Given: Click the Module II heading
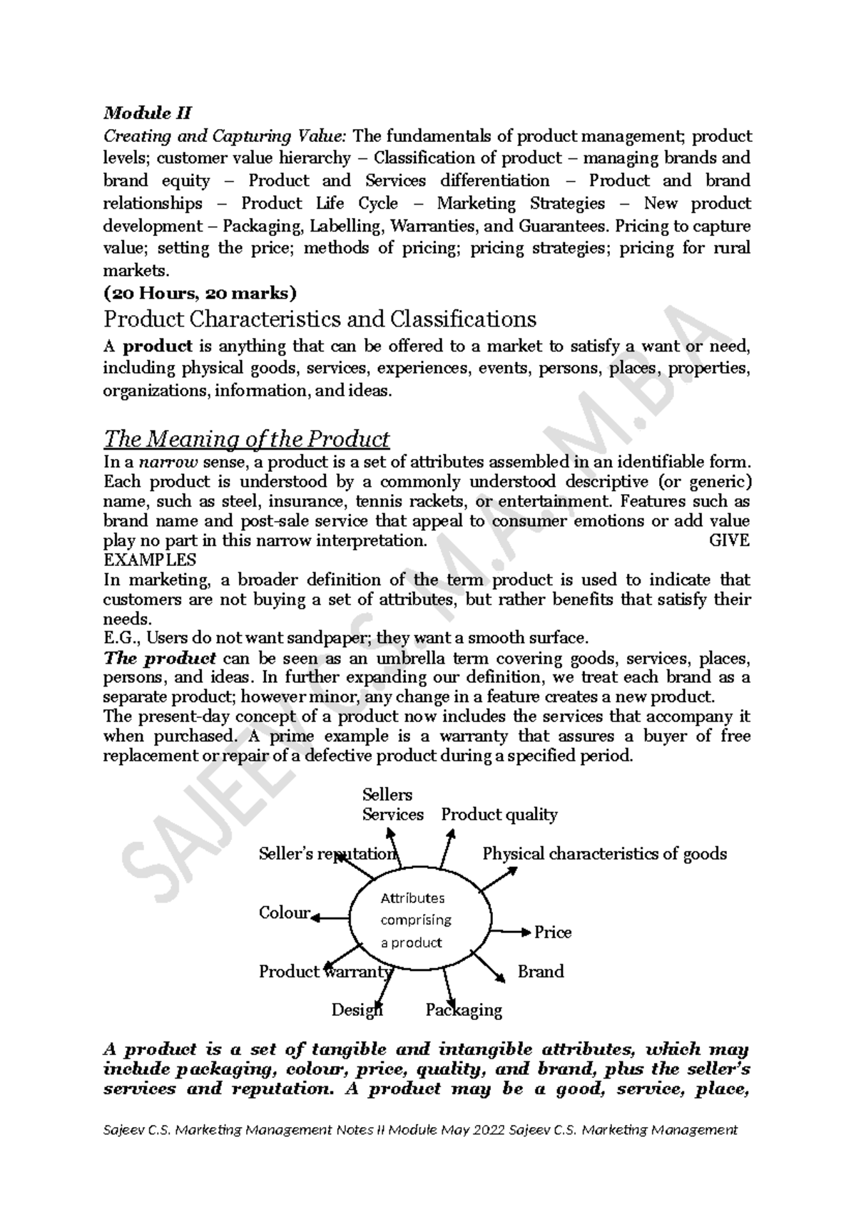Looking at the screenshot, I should tap(148, 113).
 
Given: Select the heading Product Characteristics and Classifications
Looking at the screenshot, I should tap(320, 318).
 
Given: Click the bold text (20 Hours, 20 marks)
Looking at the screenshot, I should tap(200, 293).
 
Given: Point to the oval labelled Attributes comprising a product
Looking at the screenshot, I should tap(419, 920).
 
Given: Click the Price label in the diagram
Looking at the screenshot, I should tap(553, 932).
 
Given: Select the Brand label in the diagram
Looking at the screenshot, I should tap(540, 972).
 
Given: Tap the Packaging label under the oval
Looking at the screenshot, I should tap(464, 1010).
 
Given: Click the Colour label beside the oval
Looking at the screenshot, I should tap(284, 913).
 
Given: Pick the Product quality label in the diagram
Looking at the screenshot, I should tap(499, 815).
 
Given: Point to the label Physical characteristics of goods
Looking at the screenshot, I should tap(604, 854).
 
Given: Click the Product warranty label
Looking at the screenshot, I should tap(325, 972).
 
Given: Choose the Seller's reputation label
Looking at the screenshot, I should tap(327, 854).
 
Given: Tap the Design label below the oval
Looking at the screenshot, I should tap(357, 1010).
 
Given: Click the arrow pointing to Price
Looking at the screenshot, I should tap(510, 932).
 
